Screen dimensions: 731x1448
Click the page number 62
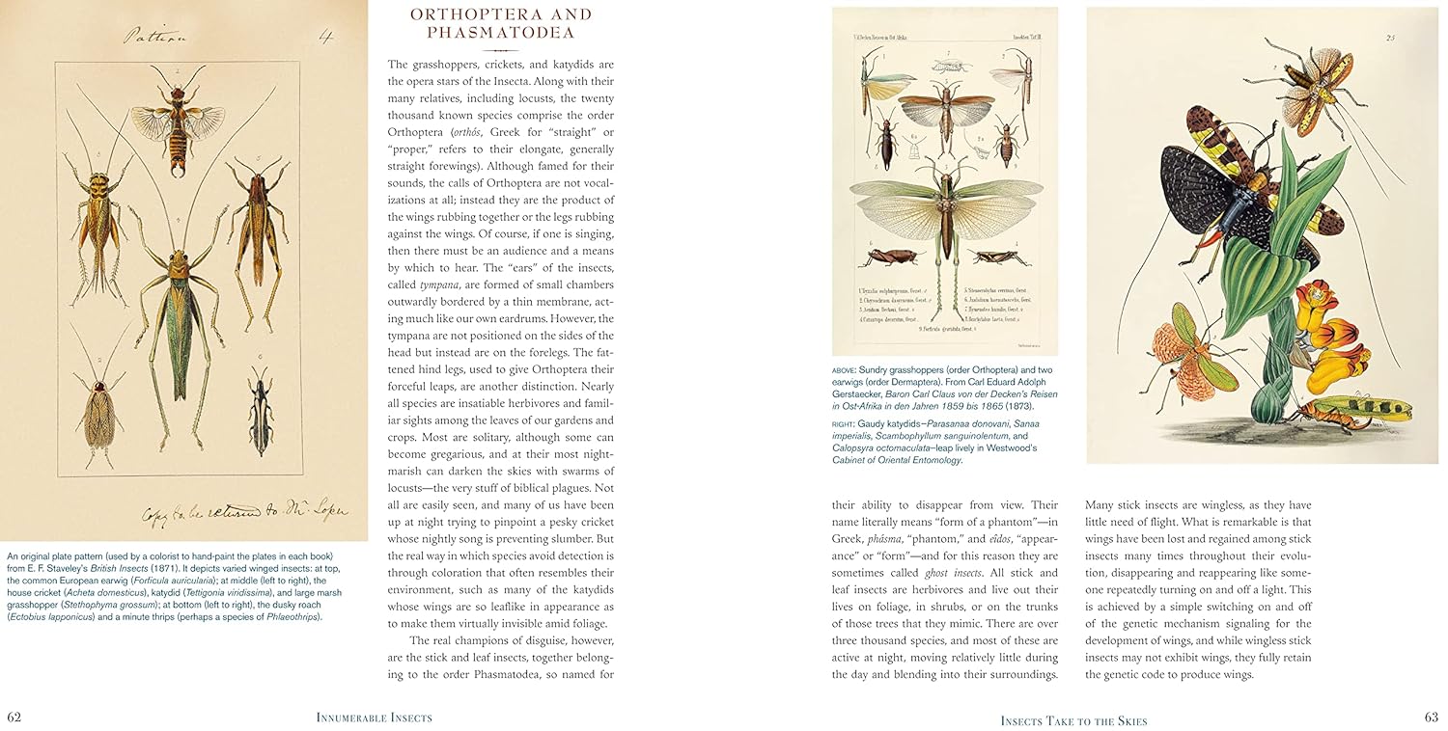[14, 717]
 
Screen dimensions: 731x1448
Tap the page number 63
[1431, 717]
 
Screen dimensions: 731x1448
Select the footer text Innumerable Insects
[374, 717]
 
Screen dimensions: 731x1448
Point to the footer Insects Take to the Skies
[1073, 720]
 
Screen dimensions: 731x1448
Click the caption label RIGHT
[845, 423]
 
